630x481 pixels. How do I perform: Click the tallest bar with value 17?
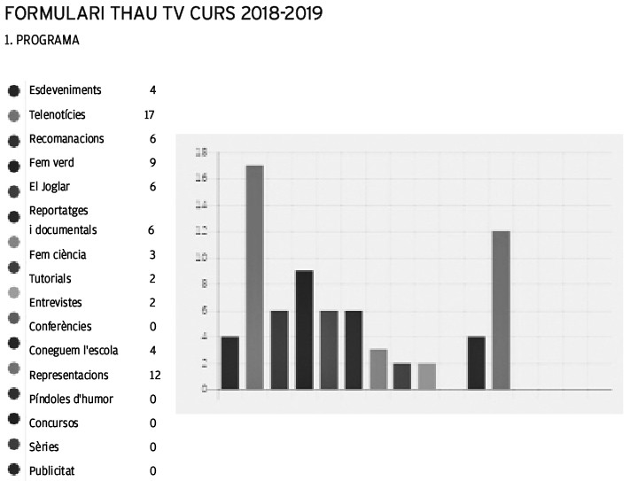click(x=254, y=276)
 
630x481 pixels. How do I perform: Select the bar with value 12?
click(x=501, y=309)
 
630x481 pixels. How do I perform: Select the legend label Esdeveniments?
click(x=66, y=90)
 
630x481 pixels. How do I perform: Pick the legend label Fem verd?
click(x=51, y=163)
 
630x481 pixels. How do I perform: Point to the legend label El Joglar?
click(x=50, y=187)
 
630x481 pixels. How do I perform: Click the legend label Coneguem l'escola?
click(x=74, y=351)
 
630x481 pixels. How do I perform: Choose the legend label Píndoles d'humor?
click(x=71, y=399)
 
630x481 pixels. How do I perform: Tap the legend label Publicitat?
click(x=52, y=471)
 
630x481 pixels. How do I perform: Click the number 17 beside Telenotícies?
click(x=150, y=115)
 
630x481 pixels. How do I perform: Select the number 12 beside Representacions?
click(x=154, y=375)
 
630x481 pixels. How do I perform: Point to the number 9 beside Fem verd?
click(x=152, y=163)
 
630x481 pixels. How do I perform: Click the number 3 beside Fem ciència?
click(x=152, y=255)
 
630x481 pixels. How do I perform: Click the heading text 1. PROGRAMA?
click(x=42, y=41)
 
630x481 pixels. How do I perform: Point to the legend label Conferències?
click(x=60, y=327)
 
